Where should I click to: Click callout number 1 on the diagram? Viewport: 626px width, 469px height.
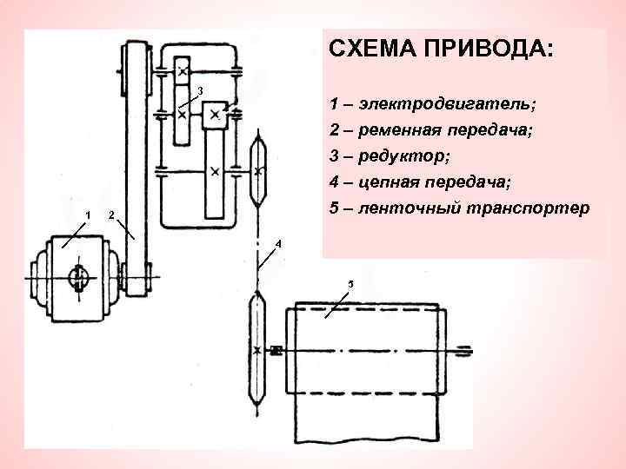coord(86,215)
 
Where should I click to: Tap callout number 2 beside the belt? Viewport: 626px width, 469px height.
coord(111,215)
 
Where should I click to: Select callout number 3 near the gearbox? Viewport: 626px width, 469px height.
coord(200,91)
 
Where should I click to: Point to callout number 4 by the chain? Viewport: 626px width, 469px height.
coord(277,244)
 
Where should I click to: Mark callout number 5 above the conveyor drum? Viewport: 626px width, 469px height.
coord(350,284)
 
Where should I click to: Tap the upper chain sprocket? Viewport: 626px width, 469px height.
coord(258,169)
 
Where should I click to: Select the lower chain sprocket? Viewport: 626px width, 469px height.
coord(257,347)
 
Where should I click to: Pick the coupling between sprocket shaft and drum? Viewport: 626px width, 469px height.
coord(277,351)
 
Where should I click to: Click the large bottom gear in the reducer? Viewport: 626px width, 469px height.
coord(214,169)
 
